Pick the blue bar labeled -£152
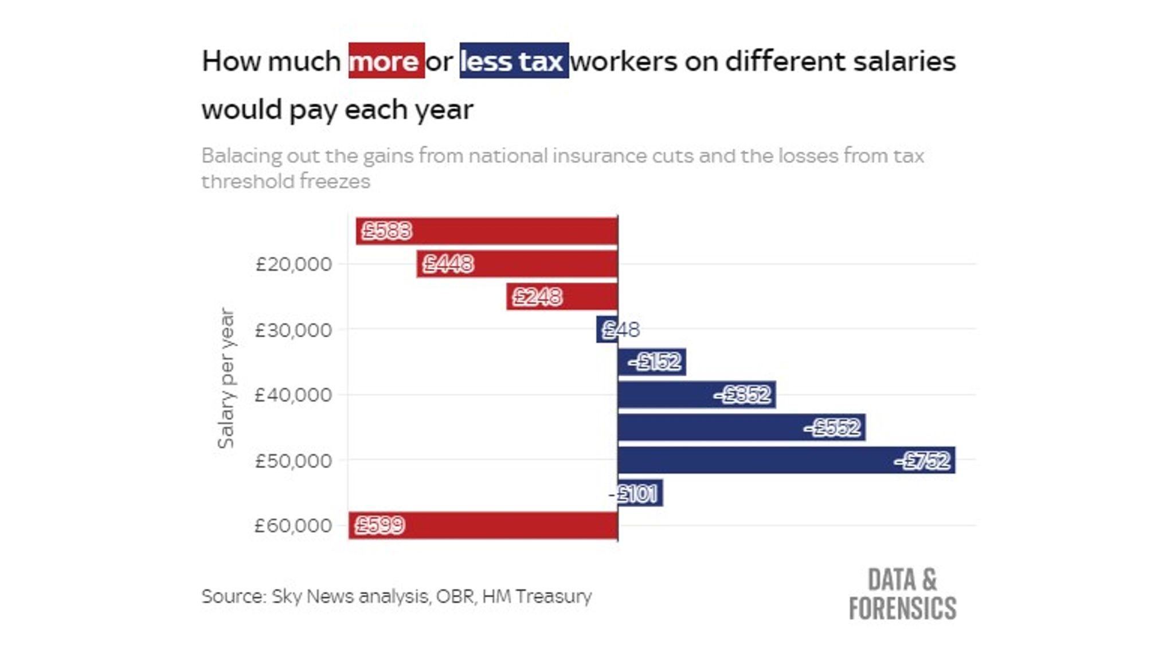[x=651, y=362]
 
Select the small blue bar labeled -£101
[x=640, y=493]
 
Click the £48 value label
[x=621, y=330]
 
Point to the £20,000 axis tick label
[x=293, y=265]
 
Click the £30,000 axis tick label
[x=293, y=330]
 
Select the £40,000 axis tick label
[x=293, y=395]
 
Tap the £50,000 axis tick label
[x=293, y=461]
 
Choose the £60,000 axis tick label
[x=293, y=526]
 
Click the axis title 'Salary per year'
[x=226, y=379]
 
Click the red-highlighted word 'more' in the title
[x=386, y=61]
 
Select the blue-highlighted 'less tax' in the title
[x=514, y=61]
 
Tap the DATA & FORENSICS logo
[x=902, y=594]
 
